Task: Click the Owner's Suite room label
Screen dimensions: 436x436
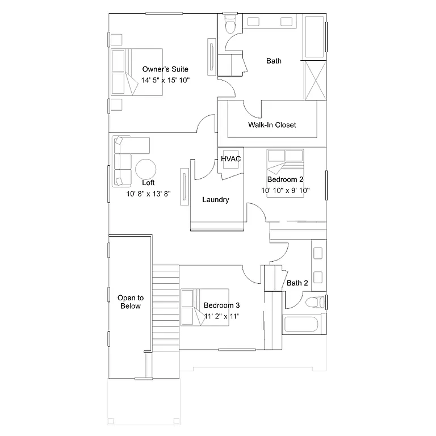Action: click(x=165, y=69)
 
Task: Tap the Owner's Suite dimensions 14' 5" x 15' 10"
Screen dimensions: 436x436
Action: click(x=165, y=80)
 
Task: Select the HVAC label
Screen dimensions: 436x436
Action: click(x=231, y=159)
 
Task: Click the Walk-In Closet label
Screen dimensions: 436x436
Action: click(x=271, y=125)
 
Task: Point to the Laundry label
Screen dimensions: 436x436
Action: click(x=216, y=200)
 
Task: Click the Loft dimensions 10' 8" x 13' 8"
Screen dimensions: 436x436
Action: click(x=148, y=194)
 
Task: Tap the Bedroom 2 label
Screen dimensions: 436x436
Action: click(x=286, y=179)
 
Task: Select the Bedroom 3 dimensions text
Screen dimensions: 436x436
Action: click(x=221, y=316)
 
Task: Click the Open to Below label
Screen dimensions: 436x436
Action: click(x=130, y=301)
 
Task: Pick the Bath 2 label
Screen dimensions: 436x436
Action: click(x=297, y=283)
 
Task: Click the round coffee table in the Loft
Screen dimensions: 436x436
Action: click(x=146, y=169)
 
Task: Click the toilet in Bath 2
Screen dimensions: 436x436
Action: click(x=314, y=301)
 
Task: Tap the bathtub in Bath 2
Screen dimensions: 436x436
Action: click(x=304, y=326)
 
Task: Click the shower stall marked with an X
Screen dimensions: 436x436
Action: click(x=315, y=79)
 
